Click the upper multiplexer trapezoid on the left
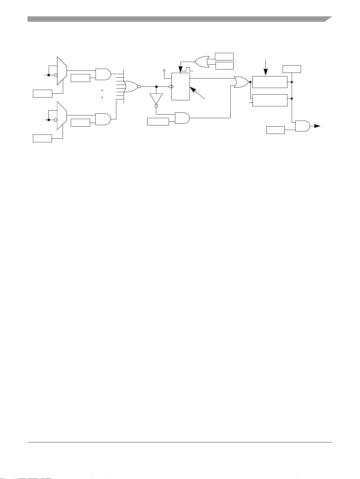pyautogui.click(x=62, y=70)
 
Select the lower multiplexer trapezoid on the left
pyautogui.click(x=62, y=116)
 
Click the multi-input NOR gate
pyautogui.click(x=130, y=86)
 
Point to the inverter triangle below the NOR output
pyautogui.click(x=156, y=98)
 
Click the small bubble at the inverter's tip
pyautogui.click(x=156, y=106)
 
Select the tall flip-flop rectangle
pyautogui.click(x=180, y=86)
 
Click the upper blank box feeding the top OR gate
pyautogui.click(x=224, y=57)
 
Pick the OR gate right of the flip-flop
pyautogui.click(x=241, y=82)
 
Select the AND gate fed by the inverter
pyautogui.click(x=182, y=118)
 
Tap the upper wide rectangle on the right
pyautogui.click(x=270, y=82)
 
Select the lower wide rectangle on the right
pyautogui.click(x=270, y=100)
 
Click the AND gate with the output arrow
pyautogui.click(x=302, y=126)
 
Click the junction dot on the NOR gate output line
pyautogui.click(x=156, y=86)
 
